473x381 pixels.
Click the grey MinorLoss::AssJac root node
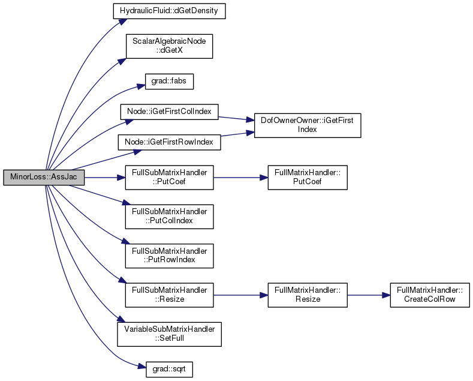(44, 177)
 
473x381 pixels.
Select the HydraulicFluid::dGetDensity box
(169, 11)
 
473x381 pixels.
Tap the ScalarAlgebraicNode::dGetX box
(169, 46)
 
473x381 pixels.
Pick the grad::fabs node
(169, 82)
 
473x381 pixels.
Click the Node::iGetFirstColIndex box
(169, 112)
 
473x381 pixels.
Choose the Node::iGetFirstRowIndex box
(169, 142)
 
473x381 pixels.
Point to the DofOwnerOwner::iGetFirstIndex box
(308, 125)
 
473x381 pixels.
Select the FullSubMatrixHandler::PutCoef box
(169, 178)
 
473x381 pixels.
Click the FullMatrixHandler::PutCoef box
(308, 178)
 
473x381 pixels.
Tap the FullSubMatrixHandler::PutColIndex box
(169, 217)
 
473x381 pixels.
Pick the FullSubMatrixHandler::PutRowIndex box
(169, 256)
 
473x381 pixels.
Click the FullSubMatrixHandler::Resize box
(169, 295)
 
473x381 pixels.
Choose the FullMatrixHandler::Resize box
(308, 295)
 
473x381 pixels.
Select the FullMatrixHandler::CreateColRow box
(430, 295)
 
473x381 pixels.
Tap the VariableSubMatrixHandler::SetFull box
(169, 335)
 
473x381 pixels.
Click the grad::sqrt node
(169, 370)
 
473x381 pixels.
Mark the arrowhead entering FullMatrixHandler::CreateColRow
(386, 295)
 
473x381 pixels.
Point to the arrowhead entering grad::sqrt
(142, 367)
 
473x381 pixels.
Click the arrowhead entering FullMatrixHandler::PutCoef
(264, 178)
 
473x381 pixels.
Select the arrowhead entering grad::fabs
(141, 86)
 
